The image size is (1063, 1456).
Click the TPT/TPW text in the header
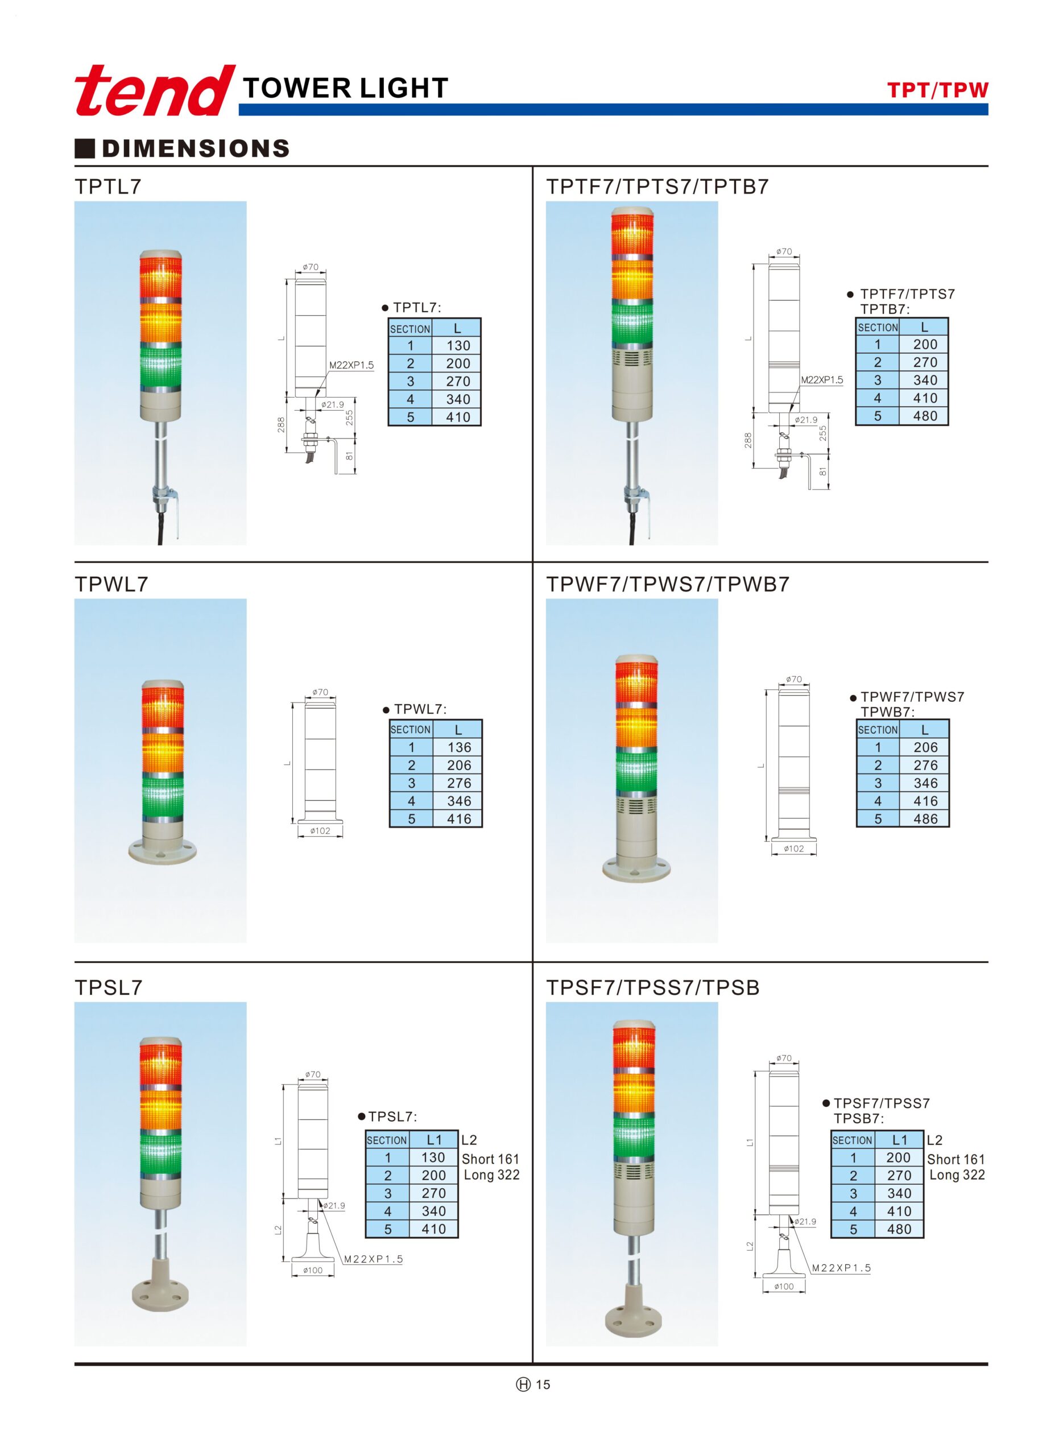point(937,90)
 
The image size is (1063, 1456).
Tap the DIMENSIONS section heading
point(195,148)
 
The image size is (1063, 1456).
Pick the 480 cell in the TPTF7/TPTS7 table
point(925,416)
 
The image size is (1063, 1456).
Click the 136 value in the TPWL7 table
point(459,748)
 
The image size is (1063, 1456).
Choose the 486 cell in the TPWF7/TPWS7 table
point(925,819)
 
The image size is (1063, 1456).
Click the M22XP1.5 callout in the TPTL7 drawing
point(351,366)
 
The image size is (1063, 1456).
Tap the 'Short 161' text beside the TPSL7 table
point(490,1159)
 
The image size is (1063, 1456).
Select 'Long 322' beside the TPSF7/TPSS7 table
point(957,1175)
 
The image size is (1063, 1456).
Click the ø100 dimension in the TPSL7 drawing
point(313,1270)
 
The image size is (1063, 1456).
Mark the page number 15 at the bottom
point(543,1384)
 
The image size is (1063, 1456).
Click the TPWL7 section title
point(111,584)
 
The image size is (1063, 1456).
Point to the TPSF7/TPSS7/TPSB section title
point(652,987)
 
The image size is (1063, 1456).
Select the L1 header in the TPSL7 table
point(435,1140)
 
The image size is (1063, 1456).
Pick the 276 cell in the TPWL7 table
point(459,784)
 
